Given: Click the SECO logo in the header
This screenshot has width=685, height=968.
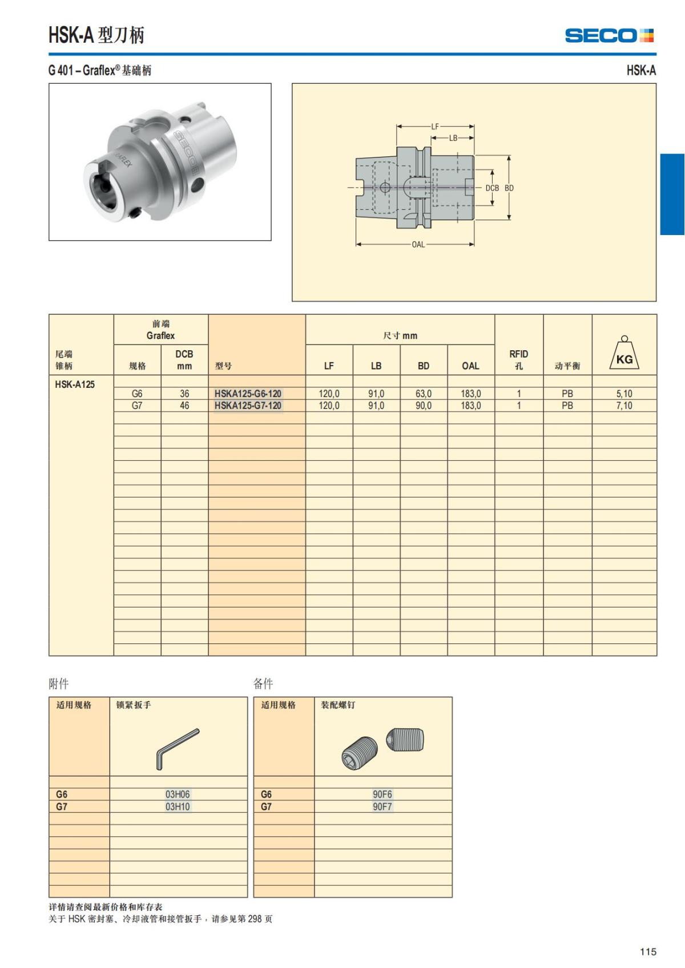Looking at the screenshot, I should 609,35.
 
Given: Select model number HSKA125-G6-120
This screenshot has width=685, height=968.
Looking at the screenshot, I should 248,394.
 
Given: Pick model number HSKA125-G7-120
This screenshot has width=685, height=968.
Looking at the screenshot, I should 248,406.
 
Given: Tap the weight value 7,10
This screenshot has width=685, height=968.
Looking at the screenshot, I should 624,406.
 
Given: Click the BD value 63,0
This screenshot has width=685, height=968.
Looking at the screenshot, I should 423,394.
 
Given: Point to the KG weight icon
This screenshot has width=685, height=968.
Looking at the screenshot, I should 624,354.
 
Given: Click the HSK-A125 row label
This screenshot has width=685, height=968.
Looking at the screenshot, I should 75,384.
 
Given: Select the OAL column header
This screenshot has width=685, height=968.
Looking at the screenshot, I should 470,366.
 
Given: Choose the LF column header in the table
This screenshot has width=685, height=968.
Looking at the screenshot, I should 329,366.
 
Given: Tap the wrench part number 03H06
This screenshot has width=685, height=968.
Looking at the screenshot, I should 178,794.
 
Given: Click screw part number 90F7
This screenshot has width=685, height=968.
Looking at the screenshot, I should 382,807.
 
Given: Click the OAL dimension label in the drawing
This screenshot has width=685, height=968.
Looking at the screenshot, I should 418,245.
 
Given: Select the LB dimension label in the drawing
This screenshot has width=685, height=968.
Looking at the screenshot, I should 453,138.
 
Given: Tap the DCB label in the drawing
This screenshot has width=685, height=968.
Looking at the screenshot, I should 492,188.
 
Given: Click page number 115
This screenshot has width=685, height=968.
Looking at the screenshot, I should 648,951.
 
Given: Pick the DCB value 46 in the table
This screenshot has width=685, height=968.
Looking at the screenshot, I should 184,406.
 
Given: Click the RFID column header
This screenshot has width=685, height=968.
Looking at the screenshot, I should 518,359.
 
